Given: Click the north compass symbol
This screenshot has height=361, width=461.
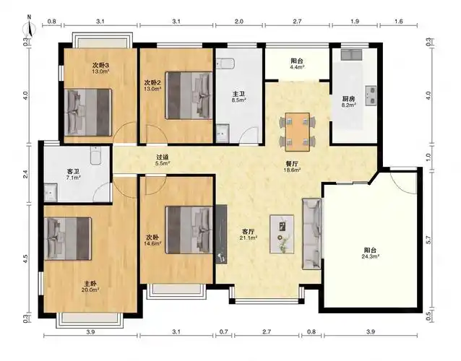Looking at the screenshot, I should (x=27, y=28).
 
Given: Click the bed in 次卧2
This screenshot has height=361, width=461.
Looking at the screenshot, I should (x=189, y=95).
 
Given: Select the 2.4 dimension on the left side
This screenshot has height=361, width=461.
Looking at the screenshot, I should (x=27, y=173).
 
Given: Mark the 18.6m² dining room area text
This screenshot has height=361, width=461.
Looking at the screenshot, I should (x=293, y=168).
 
